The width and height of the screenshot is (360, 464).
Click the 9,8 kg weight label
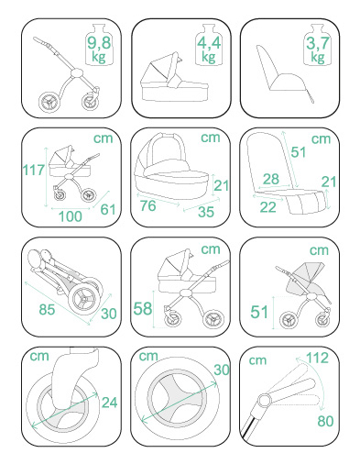[x=99, y=49]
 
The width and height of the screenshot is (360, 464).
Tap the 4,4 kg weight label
[x=209, y=50]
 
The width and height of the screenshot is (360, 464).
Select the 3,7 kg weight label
[x=318, y=50]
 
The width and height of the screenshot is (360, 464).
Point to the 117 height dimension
[x=34, y=170]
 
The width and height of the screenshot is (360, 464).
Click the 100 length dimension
[x=71, y=216]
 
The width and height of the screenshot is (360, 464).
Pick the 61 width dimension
[x=108, y=209]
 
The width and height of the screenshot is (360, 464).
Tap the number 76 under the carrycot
[x=148, y=205]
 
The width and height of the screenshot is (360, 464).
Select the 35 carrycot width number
[x=206, y=212]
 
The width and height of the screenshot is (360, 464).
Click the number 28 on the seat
[x=271, y=179]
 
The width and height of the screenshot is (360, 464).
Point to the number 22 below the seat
[x=267, y=207]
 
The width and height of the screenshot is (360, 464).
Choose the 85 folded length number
[x=47, y=309]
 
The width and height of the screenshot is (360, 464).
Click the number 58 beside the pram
[x=143, y=308]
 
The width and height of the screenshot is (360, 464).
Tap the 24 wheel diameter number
[x=109, y=403]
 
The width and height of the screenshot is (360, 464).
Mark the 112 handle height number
[x=317, y=358]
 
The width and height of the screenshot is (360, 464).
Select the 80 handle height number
[x=325, y=421]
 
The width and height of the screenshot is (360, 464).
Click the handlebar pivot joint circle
[x=265, y=400]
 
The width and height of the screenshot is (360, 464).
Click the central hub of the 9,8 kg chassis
[x=76, y=73]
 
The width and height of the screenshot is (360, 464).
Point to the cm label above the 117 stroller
[x=104, y=138]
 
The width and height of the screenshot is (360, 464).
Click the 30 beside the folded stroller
[x=109, y=314]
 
